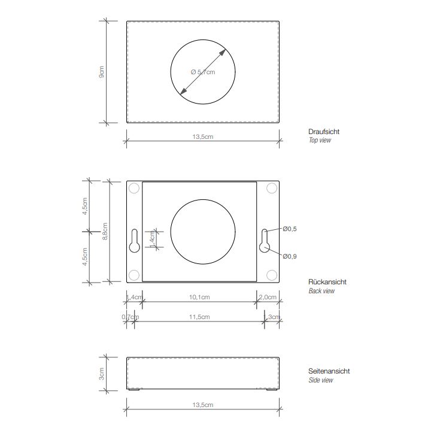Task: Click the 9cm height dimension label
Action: pos(102,73)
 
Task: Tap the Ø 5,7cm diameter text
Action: pos(202,72)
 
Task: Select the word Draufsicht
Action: pos(324,132)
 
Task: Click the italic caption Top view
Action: pos(320,141)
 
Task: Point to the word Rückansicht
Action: pos(327,282)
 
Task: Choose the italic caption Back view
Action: pos(321,292)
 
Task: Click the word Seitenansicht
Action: pos(329,371)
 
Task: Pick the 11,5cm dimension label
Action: pos(199,317)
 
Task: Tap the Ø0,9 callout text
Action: pos(290,256)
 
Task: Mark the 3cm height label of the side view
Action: pos(102,374)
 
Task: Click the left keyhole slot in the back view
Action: pos(135,241)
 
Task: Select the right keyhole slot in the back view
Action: pos(265,241)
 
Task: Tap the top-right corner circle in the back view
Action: pos(271,189)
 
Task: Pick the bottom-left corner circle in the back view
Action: pos(134,275)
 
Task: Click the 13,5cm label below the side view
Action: pos(202,405)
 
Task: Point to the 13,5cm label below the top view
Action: pos(202,137)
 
